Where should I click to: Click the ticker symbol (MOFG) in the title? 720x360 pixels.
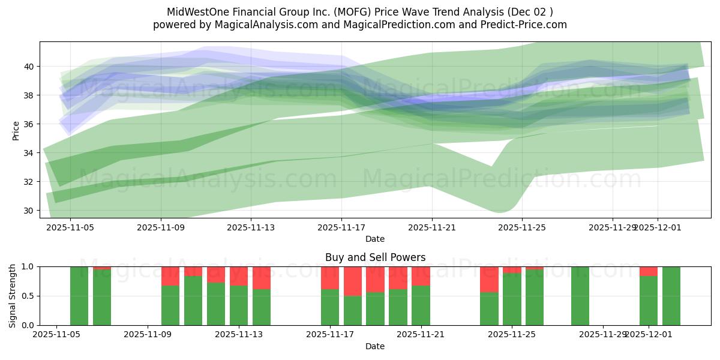click(326, 12)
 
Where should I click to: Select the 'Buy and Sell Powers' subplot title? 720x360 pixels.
click(375, 257)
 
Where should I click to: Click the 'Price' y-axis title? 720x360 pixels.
click(16, 130)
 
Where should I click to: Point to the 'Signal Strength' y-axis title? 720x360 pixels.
click(13, 296)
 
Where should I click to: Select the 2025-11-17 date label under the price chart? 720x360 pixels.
click(341, 228)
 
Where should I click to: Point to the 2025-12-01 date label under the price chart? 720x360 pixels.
click(657, 228)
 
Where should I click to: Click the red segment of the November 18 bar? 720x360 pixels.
click(353, 281)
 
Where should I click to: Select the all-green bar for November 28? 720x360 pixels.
click(580, 296)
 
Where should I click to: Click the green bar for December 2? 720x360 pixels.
click(671, 296)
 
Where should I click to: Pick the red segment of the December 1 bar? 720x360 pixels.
click(649, 271)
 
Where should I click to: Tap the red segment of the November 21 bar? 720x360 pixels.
click(421, 276)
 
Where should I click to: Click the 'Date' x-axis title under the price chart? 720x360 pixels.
click(375, 239)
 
